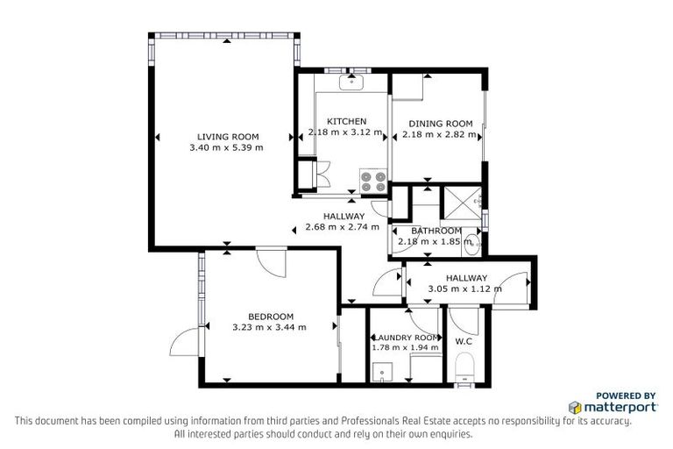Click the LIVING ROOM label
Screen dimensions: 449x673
coord(227,136)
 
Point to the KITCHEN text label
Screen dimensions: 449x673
coord(346,121)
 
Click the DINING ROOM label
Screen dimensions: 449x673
coord(441,124)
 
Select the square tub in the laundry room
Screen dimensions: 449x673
coord(380,374)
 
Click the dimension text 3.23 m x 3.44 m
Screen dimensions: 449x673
coord(269,327)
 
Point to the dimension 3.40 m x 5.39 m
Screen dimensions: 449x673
coord(226,147)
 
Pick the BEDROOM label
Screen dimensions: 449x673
coord(270,317)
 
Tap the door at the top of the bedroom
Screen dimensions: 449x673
coord(272,262)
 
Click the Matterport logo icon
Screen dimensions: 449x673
coord(576,408)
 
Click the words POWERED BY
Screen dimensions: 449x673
coord(625,396)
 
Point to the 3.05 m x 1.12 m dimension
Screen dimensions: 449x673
coord(464,289)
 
